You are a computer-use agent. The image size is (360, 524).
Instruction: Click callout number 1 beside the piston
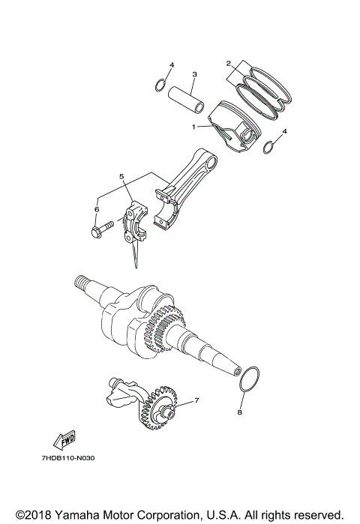(x=193, y=127)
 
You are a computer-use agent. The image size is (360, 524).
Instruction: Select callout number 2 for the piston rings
(x=228, y=64)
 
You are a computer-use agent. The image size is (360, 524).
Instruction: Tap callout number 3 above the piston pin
(x=193, y=74)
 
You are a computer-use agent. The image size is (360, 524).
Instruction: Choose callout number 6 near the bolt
(x=96, y=209)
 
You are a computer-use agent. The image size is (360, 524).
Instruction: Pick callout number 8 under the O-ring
(x=240, y=412)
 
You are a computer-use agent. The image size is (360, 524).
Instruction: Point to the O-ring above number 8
(x=249, y=379)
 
